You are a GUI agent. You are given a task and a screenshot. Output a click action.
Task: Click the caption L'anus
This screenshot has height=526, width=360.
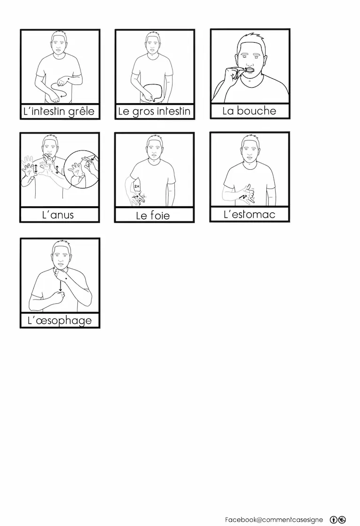point(58,215)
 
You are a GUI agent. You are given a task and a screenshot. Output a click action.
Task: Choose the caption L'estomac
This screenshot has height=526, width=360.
point(249,214)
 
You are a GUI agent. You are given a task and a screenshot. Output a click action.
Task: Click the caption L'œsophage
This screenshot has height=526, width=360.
point(60,321)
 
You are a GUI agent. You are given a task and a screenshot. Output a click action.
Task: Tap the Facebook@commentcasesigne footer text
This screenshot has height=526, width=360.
point(274,519)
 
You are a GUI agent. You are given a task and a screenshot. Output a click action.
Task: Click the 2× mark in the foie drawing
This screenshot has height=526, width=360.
point(136,186)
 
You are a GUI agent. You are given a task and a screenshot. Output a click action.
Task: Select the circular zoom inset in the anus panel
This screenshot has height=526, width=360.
point(82,169)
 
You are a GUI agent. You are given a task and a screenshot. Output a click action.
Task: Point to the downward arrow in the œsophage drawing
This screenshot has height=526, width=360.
point(60,286)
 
